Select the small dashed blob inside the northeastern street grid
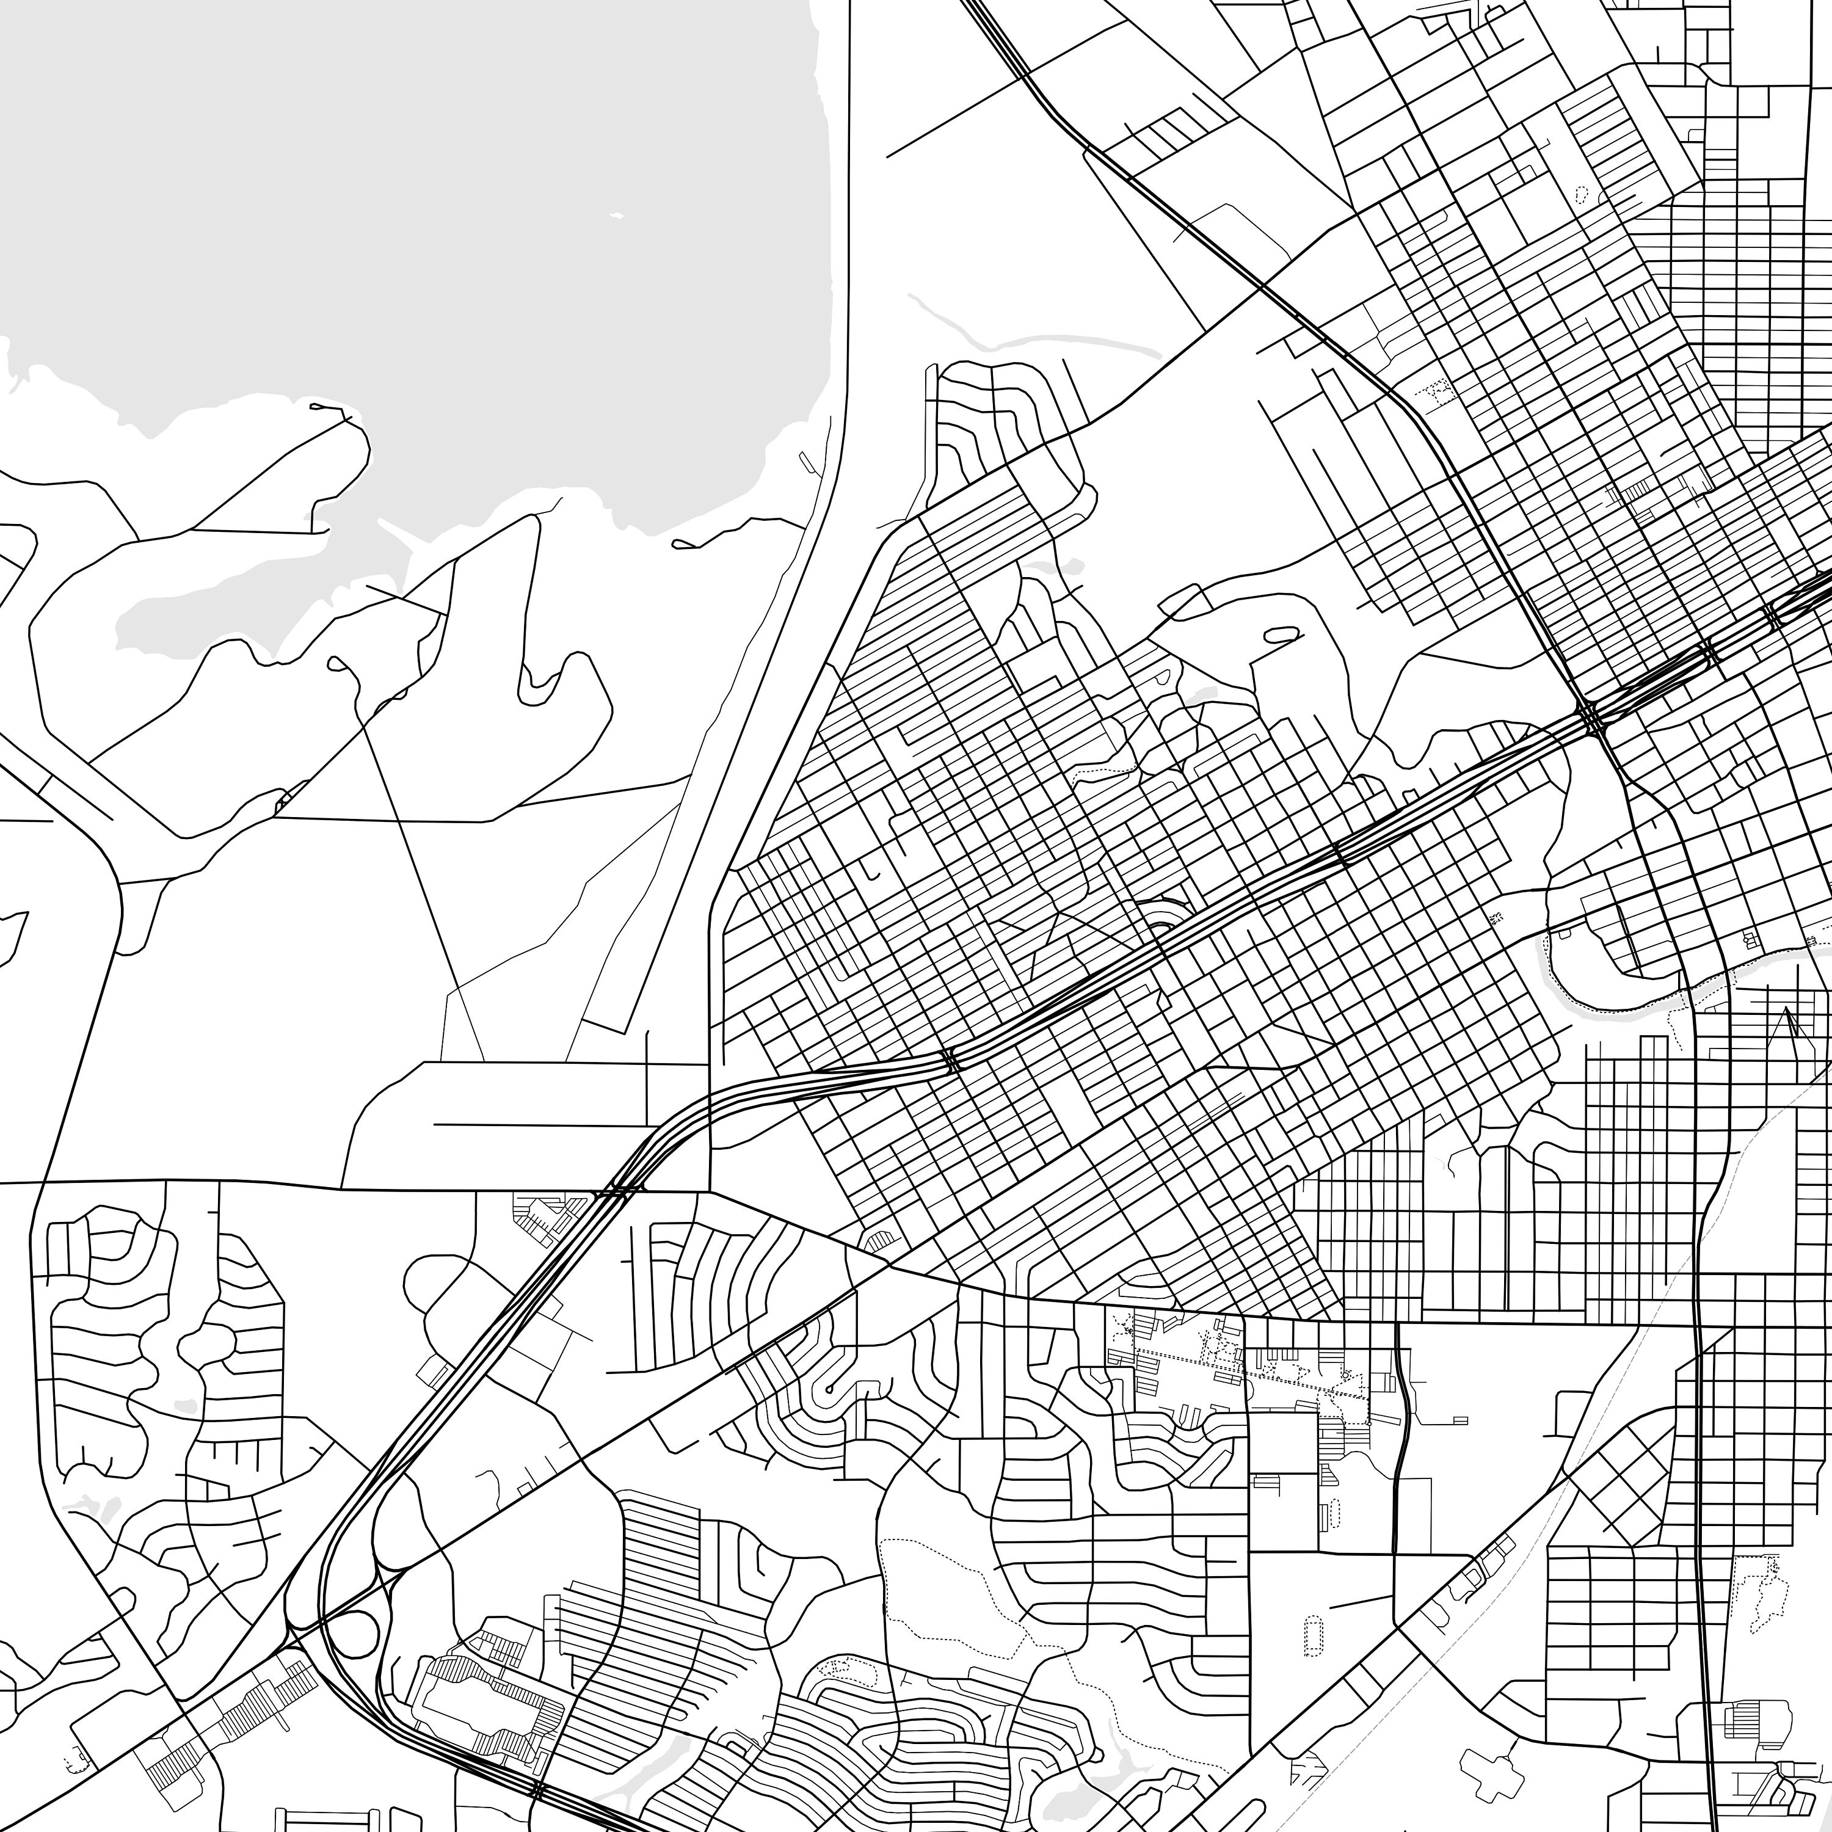pos(1582,194)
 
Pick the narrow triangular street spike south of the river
pos(1787,1029)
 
